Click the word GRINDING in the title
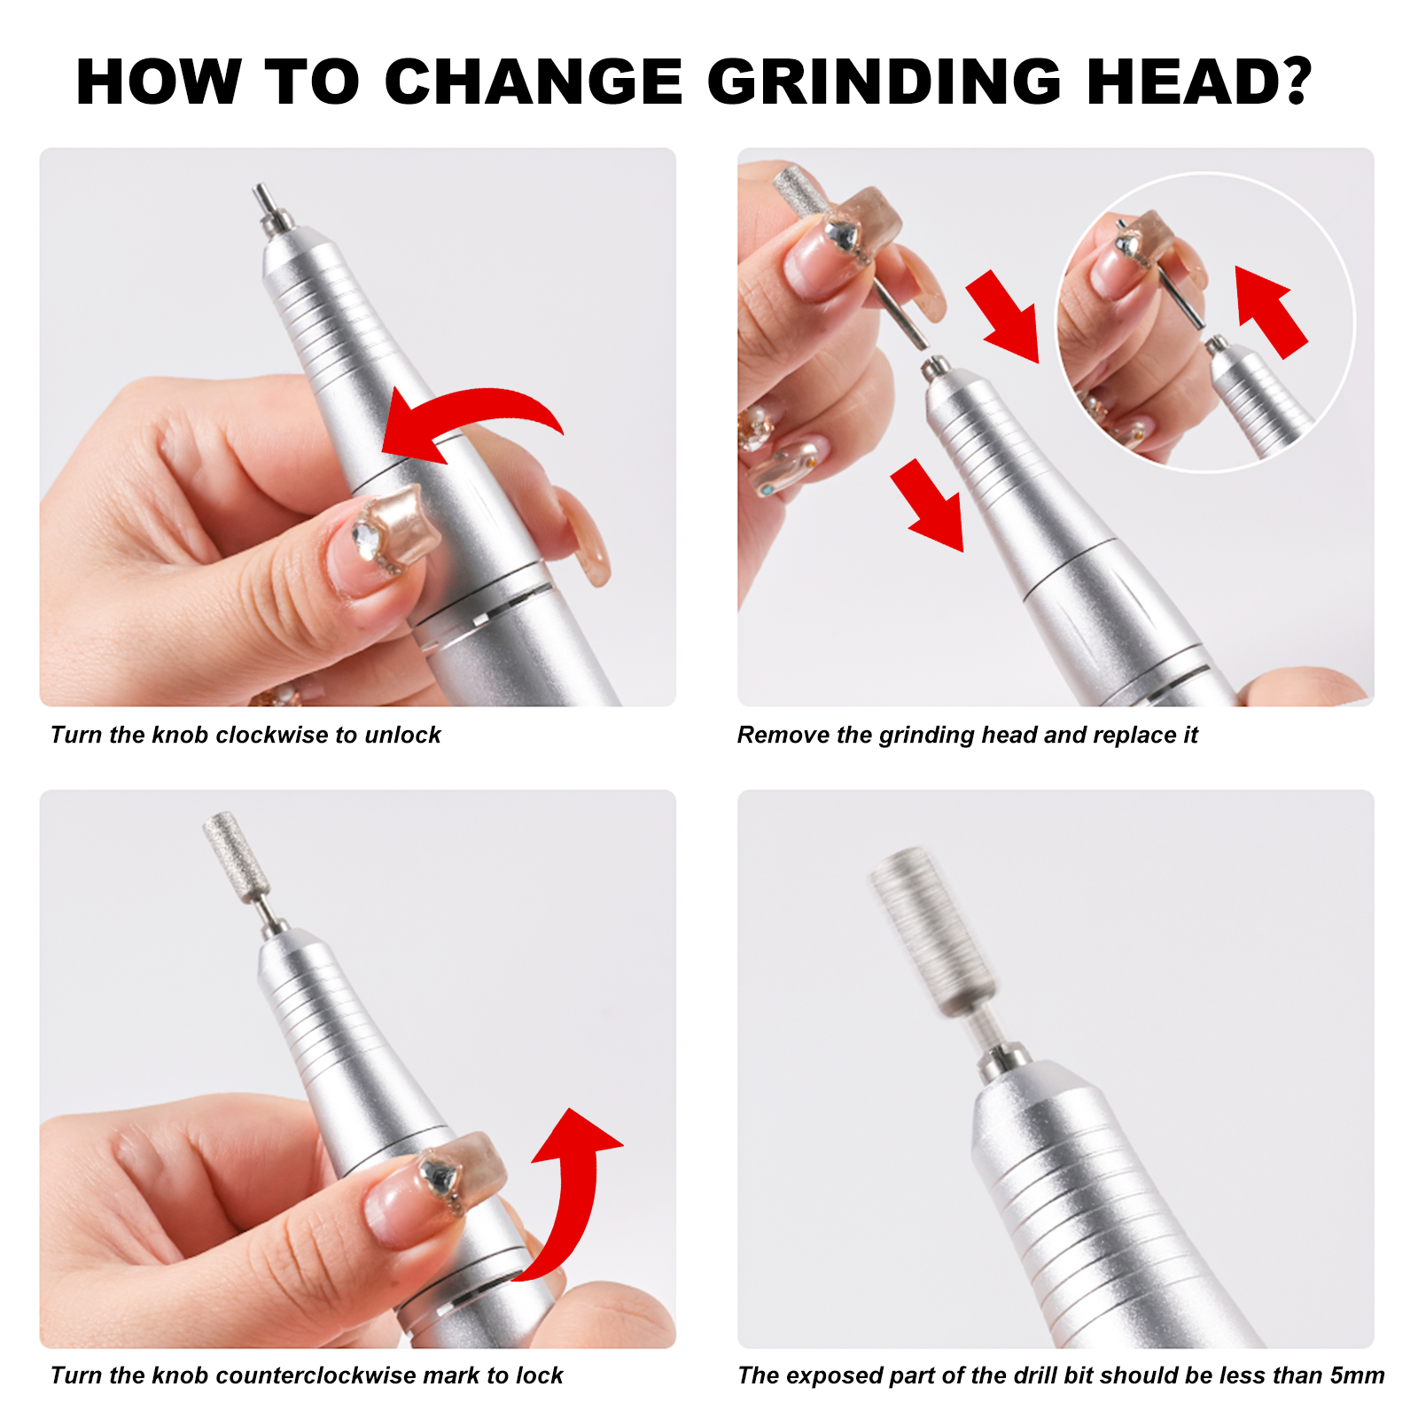(884, 82)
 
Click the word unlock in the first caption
(402, 735)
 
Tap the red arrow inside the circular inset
(1269, 312)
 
